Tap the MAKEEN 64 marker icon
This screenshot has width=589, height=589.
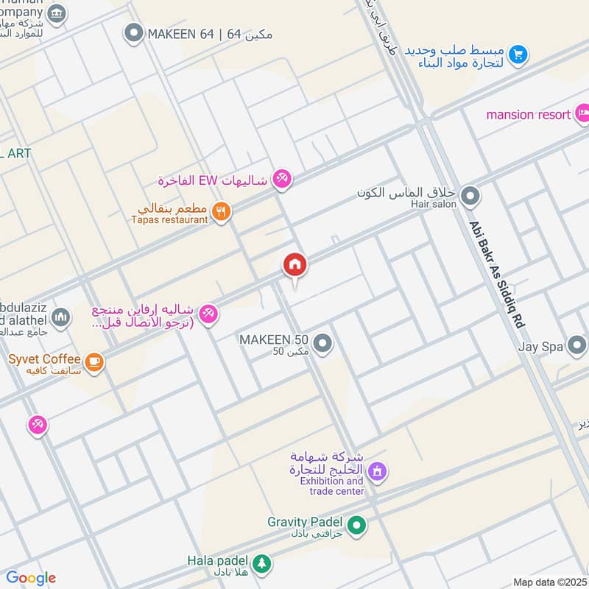133,33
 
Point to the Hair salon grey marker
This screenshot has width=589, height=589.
470,197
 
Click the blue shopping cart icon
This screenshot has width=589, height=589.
518,54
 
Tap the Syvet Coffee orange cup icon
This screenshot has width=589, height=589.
94,361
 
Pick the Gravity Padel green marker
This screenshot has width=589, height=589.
357,525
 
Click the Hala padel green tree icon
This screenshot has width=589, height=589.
261,564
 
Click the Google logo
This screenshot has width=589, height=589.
31,578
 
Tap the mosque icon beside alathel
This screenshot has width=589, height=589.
61,317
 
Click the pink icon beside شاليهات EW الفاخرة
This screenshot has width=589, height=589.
281,178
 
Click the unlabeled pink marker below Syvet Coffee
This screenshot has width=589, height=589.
38,425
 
